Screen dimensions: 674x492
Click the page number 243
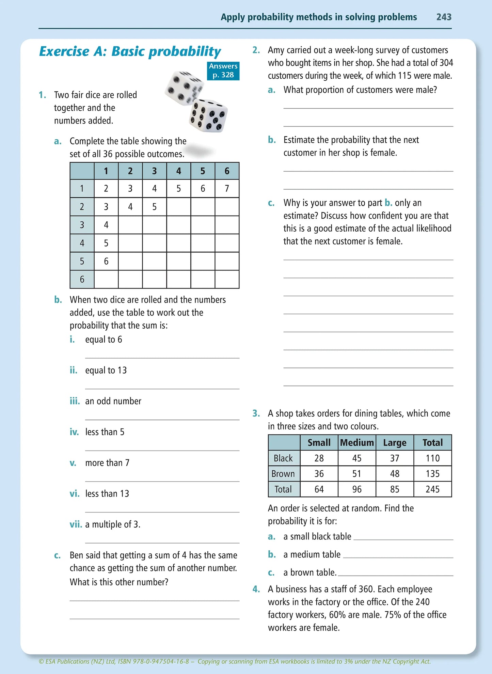point(444,17)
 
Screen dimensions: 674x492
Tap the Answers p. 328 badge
point(223,70)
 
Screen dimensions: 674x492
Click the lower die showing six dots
point(208,116)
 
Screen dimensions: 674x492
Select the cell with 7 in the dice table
point(227,188)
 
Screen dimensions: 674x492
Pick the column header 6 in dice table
point(227,171)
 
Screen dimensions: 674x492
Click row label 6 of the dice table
point(82,279)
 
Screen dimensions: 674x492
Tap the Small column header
point(319,442)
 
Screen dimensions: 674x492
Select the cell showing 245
point(432,489)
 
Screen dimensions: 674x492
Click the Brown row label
point(283,473)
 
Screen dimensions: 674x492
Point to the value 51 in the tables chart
point(356,473)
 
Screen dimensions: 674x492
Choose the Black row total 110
point(432,458)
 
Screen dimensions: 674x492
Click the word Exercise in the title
point(64,51)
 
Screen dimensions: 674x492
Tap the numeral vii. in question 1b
point(76,524)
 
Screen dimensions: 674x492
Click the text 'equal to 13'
point(106,370)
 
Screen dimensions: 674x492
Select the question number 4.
point(256,589)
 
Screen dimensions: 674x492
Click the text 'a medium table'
point(312,554)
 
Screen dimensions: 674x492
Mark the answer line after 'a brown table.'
point(395,575)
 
